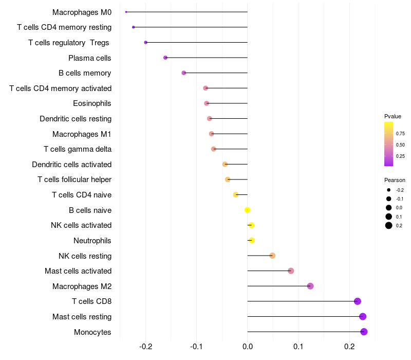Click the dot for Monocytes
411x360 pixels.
[x=364, y=332]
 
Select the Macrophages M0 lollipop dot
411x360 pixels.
[x=126, y=12]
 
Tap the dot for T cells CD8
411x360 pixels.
[x=358, y=301]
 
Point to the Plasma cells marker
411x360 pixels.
[x=165, y=58]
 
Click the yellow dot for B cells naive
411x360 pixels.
[x=247, y=210]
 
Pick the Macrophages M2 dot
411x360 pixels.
[x=310, y=286]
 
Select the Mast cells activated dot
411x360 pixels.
[x=291, y=271]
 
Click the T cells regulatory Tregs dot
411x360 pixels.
[x=146, y=42]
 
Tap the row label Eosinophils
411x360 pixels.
[x=92, y=103]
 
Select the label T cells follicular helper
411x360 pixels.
[x=74, y=179]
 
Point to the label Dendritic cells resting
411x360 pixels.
[x=76, y=119]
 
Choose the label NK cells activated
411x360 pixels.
[x=81, y=225]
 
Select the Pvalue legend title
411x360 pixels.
[x=393, y=116]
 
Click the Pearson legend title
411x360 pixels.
[x=395, y=180]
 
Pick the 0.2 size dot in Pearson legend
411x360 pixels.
[x=389, y=225]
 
